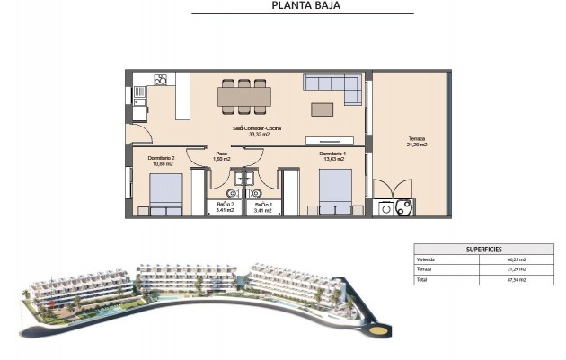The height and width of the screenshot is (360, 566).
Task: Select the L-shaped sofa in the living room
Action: (332, 84)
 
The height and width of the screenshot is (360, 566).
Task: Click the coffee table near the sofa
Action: (322, 109)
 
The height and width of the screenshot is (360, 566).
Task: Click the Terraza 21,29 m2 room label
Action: (414, 142)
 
